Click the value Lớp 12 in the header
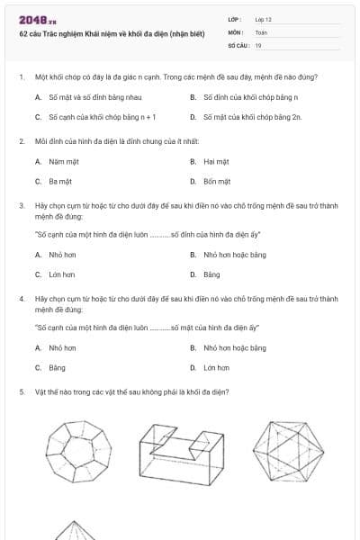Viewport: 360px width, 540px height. tap(263, 19)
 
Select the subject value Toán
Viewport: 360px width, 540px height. tap(261, 31)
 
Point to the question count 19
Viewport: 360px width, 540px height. tap(258, 44)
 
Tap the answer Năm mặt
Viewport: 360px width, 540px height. tap(59, 162)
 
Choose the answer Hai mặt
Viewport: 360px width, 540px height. tap(216, 162)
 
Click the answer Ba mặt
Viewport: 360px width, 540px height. tap(59, 181)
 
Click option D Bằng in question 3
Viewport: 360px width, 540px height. tap(211, 274)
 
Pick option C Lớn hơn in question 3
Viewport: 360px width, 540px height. tap(61, 274)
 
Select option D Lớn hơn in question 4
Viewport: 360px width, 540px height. tap(216, 367)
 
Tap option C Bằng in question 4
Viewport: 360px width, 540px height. tap(57, 367)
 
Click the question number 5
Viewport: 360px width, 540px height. tap(22, 391)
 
